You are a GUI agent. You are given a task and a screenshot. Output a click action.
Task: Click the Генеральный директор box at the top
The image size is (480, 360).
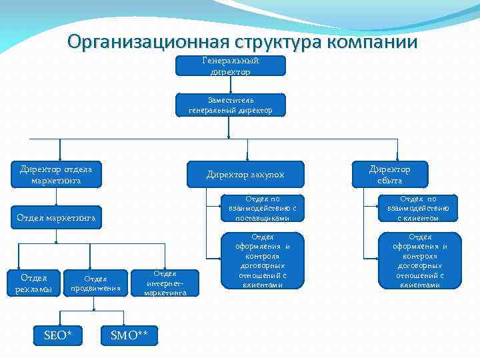point(231,65)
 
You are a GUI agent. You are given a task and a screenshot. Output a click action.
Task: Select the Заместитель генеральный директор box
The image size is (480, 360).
point(231,105)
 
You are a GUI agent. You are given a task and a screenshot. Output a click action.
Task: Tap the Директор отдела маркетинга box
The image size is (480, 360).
point(56,174)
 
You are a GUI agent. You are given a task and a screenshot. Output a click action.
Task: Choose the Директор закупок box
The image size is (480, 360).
point(245,174)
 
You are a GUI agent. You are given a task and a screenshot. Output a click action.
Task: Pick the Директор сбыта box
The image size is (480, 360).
point(390,174)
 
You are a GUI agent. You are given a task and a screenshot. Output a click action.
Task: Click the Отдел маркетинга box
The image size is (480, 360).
point(56,217)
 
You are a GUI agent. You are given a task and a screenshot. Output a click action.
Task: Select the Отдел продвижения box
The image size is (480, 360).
point(97,283)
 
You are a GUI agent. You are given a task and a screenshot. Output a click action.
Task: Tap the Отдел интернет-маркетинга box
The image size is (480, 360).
point(165,283)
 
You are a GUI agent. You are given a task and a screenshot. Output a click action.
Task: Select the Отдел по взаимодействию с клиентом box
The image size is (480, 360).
point(418,208)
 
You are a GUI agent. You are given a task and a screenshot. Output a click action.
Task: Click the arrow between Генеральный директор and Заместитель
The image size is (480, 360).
point(231,85)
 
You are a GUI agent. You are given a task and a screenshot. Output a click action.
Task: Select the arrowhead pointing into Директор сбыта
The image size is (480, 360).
point(398,157)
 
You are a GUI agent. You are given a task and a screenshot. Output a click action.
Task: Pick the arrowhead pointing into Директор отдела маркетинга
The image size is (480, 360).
point(61,157)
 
